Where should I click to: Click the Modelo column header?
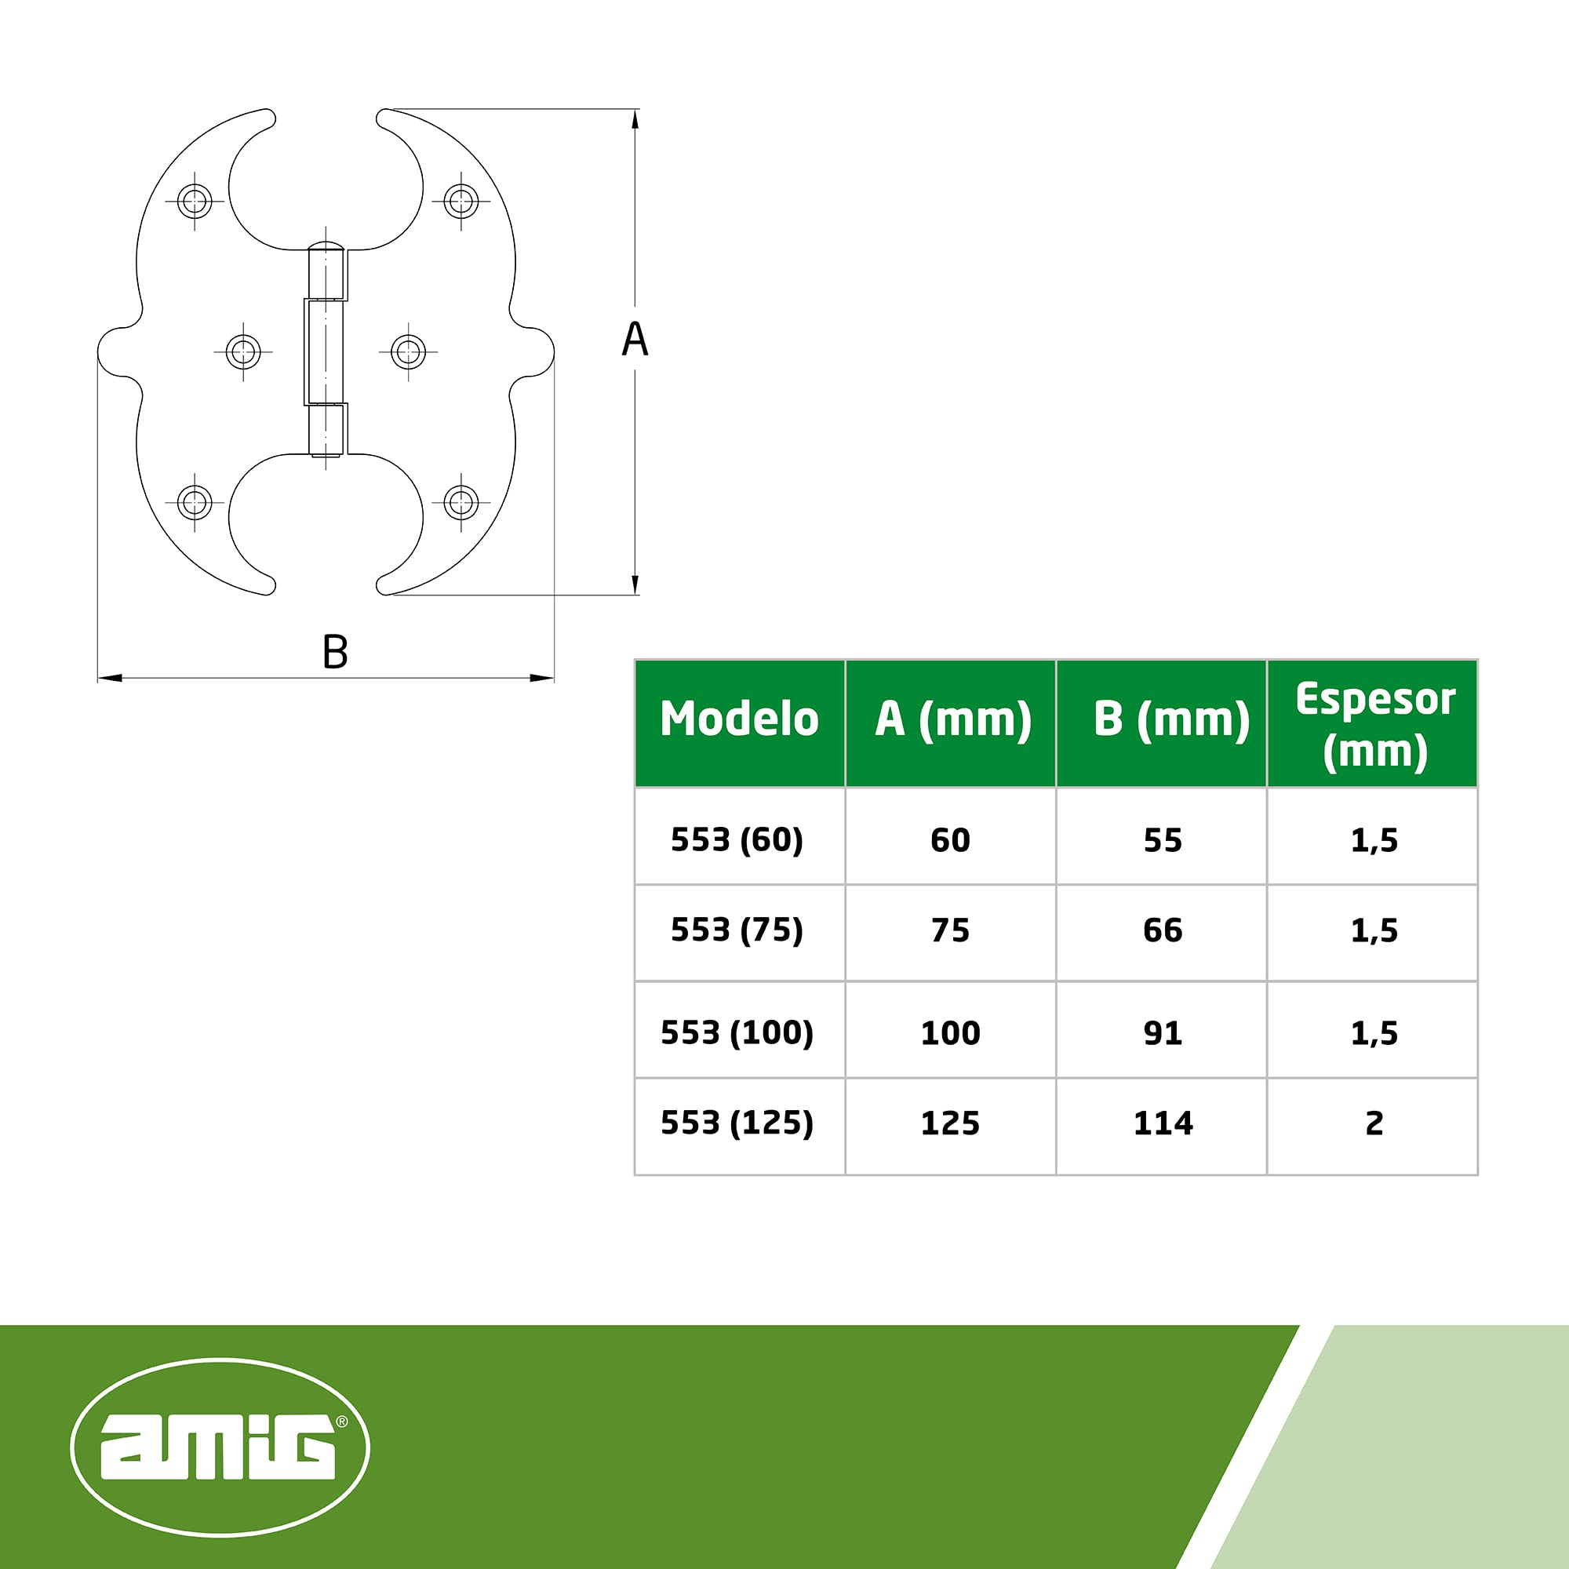tap(739, 719)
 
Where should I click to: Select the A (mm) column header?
tap(952, 719)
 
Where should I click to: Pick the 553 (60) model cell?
tap(737, 839)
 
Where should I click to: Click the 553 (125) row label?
tap(737, 1123)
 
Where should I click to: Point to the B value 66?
tap(1162, 930)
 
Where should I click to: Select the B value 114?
tap(1163, 1123)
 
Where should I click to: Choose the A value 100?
tap(950, 1033)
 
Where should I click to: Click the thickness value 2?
tap(1374, 1123)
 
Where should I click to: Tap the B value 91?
tap(1162, 1033)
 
